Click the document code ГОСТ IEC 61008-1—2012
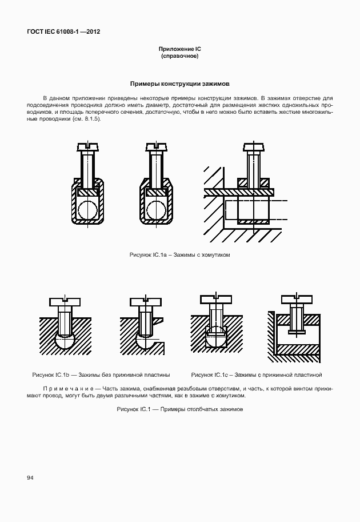click(63, 32)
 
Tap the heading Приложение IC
click(179, 50)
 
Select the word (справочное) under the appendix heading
click(179, 57)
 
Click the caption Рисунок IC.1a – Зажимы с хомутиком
click(179, 254)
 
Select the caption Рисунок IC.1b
click(101, 375)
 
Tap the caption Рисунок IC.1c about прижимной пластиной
click(257, 375)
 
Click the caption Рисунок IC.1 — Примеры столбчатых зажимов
click(179, 409)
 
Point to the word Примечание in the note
click(63, 388)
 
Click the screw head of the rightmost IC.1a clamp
click(254, 146)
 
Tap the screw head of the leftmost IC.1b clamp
click(65, 301)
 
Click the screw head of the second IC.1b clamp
click(145, 301)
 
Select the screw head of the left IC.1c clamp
click(216, 298)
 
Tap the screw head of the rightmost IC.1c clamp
click(296, 298)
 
